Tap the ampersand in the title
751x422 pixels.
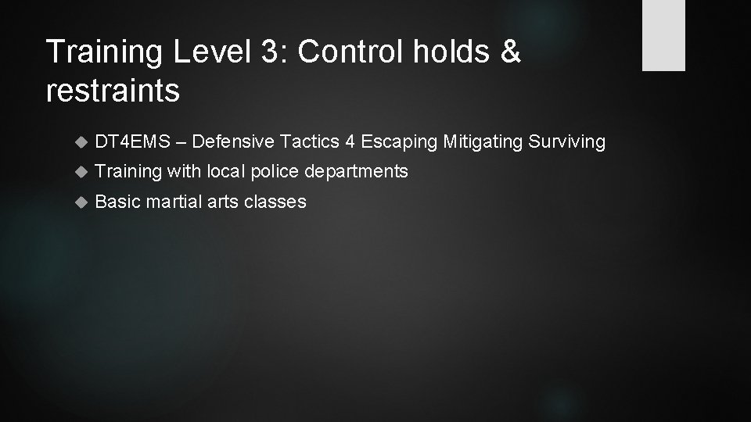(510, 53)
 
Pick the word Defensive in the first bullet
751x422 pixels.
(229, 141)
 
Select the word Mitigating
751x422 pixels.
(483, 141)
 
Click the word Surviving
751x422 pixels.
(567, 142)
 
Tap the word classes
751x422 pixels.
(275, 202)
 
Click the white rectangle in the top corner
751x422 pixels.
(663, 35)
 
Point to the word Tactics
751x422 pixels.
(307, 141)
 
